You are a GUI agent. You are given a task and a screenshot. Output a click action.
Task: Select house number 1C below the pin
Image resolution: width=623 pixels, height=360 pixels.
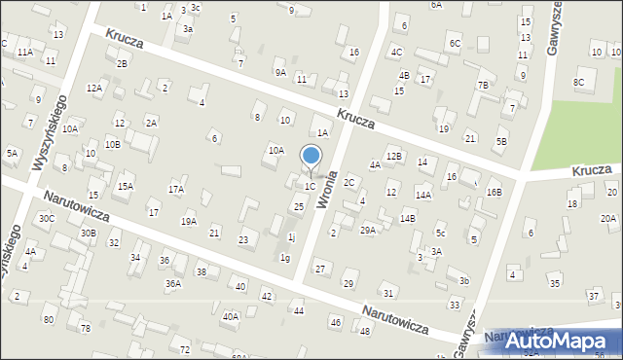(x=310, y=186)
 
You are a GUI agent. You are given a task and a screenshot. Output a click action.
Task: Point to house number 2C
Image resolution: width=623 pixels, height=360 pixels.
(x=348, y=182)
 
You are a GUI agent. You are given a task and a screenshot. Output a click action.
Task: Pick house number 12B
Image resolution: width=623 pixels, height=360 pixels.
(x=393, y=156)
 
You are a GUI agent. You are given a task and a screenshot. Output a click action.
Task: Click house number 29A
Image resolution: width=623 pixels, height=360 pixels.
(x=368, y=230)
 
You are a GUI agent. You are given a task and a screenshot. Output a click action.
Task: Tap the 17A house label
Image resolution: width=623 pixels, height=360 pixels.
(x=176, y=190)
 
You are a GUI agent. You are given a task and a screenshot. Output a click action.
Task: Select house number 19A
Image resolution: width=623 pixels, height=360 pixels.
(x=188, y=221)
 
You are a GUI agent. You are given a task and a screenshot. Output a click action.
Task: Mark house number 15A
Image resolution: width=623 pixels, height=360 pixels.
(x=126, y=186)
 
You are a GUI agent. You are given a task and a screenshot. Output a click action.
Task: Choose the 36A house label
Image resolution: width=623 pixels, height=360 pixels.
(x=172, y=283)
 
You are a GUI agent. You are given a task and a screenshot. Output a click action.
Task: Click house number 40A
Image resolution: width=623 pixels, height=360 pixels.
(x=231, y=315)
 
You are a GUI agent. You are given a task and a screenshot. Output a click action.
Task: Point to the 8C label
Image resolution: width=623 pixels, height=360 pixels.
(x=578, y=82)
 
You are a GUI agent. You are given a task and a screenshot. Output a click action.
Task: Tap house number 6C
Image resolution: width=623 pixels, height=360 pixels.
(x=455, y=44)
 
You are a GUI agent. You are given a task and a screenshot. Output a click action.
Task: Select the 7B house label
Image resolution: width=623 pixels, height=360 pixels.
(x=482, y=85)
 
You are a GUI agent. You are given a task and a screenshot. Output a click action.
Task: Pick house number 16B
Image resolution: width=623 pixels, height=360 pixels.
(x=494, y=192)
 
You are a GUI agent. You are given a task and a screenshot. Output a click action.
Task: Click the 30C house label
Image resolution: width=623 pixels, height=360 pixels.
(x=46, y=218)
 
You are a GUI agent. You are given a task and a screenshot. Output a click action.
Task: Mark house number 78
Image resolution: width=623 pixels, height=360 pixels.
(x=85, y=328)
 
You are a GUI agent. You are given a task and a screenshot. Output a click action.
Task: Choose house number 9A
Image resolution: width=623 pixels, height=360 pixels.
(x=280, y=71)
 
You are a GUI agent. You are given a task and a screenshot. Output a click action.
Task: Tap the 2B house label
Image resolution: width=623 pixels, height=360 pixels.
(x=122, y=63)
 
